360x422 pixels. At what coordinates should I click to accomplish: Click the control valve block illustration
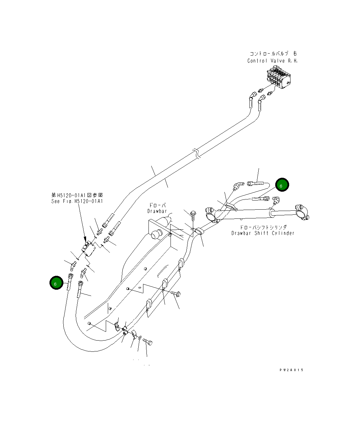(278, 77)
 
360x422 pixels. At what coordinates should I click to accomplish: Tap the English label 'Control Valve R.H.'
(272, 61)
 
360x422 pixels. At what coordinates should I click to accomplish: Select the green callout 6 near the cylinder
(282, 185)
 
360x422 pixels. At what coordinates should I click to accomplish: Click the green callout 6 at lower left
(56, 283)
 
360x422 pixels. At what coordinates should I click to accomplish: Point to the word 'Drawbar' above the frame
(157, 211)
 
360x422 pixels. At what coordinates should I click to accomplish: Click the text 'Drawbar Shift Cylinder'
(263, 233)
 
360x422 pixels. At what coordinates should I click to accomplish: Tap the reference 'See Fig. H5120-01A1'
(77, 201)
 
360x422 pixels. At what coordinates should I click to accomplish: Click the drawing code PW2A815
(292, 370)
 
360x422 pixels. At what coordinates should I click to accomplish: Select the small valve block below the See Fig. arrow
(88, 248)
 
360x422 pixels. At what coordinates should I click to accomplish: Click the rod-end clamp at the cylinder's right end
(302, 212)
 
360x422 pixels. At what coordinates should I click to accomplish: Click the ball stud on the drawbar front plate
(156, 234)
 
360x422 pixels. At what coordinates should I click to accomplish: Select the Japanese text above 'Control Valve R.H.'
(273, 54)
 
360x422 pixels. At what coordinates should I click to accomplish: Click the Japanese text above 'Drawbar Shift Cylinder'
(263, 227)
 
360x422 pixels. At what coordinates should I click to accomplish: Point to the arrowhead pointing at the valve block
(85, 239)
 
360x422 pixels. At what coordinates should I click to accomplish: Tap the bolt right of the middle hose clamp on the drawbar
(176, 294)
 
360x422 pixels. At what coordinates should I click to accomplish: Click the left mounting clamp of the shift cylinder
(212, 215)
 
